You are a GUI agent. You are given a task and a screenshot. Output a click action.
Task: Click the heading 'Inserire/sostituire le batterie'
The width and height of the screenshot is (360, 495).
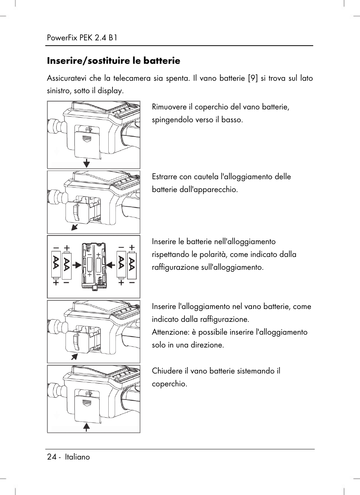click(113, 61)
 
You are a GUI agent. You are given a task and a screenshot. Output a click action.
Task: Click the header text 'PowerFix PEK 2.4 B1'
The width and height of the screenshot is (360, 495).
click(82, 38)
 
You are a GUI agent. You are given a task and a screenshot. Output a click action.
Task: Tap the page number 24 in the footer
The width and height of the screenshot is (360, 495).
click(52, 457)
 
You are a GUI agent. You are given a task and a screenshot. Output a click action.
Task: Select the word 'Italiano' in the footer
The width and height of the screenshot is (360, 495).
click(77, 457)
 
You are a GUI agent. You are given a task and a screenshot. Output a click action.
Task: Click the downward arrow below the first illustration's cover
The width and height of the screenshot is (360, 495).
click(86, 163)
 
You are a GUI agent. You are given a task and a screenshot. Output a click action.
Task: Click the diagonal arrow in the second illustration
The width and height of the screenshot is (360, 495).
click(75, 226)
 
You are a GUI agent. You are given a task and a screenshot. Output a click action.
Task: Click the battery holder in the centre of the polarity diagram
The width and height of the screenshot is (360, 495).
click(94, 266)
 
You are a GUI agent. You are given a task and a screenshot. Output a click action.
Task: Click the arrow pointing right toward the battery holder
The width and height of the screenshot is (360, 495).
click(77, 266)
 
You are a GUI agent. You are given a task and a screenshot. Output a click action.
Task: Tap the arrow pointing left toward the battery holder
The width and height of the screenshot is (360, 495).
click(111, 266)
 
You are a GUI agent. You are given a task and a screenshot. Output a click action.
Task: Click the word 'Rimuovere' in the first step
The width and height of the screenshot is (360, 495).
click(169, 107)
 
